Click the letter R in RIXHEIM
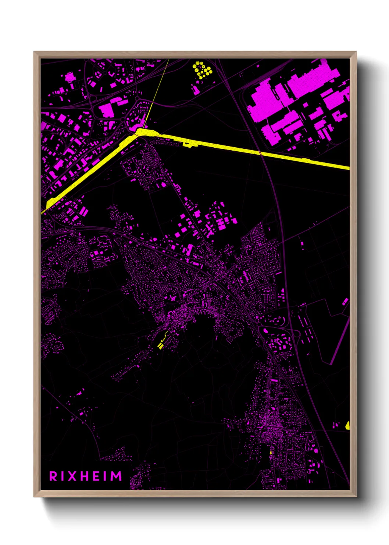(x=53, y=476)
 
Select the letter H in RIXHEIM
(x=85, y=476)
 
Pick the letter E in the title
(x=96, y=476)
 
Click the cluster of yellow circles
(x=202, y=70)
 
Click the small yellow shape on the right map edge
(x=347, y=426)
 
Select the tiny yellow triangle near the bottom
(x=271, y=453)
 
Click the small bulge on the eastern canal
(x=188, y=144)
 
